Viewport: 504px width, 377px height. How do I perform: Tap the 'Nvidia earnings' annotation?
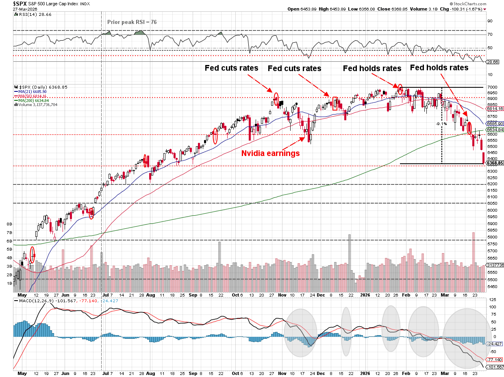(x=271, y=154)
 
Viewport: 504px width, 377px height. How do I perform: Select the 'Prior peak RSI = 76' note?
(x=132, y=22)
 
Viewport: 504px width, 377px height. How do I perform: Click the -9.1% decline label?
(x=441, y=123)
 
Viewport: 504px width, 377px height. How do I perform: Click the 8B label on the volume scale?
(x=9, y=224)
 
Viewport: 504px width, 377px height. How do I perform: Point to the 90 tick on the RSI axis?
(x=490, y=20)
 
